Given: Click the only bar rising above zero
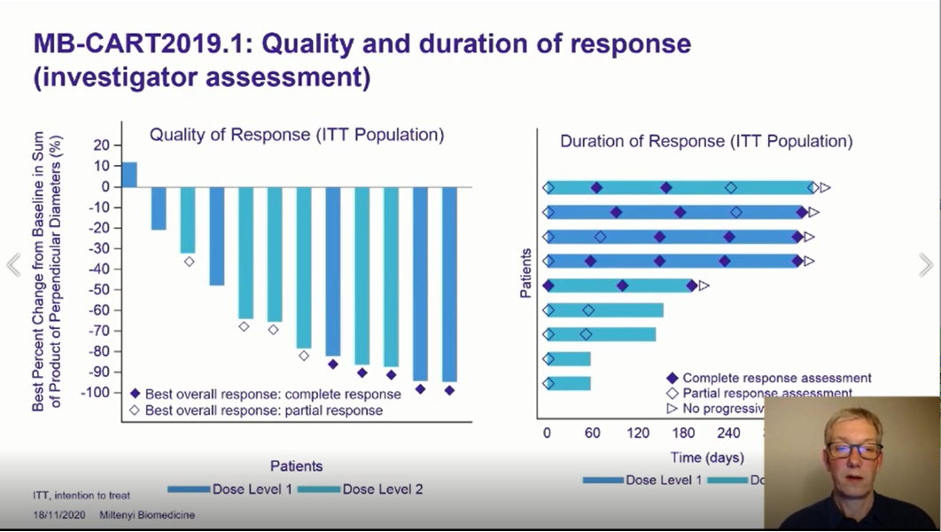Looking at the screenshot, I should [129, 175].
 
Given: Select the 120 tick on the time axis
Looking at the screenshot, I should [637, 434].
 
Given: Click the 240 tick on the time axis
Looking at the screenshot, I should [728, 434].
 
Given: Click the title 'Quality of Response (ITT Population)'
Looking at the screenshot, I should [296, 135].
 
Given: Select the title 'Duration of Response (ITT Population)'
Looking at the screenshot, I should [706, 141].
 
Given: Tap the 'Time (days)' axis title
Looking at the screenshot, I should [707, 458].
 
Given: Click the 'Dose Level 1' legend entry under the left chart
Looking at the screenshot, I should [229, 489].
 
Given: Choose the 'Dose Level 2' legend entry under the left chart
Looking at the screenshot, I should [361, 489].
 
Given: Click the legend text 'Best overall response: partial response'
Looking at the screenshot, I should [264, 411].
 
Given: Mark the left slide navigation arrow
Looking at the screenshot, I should [13, 264].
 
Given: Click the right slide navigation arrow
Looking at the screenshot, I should [926, 264].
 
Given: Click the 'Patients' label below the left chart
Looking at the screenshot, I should [296, 465].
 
